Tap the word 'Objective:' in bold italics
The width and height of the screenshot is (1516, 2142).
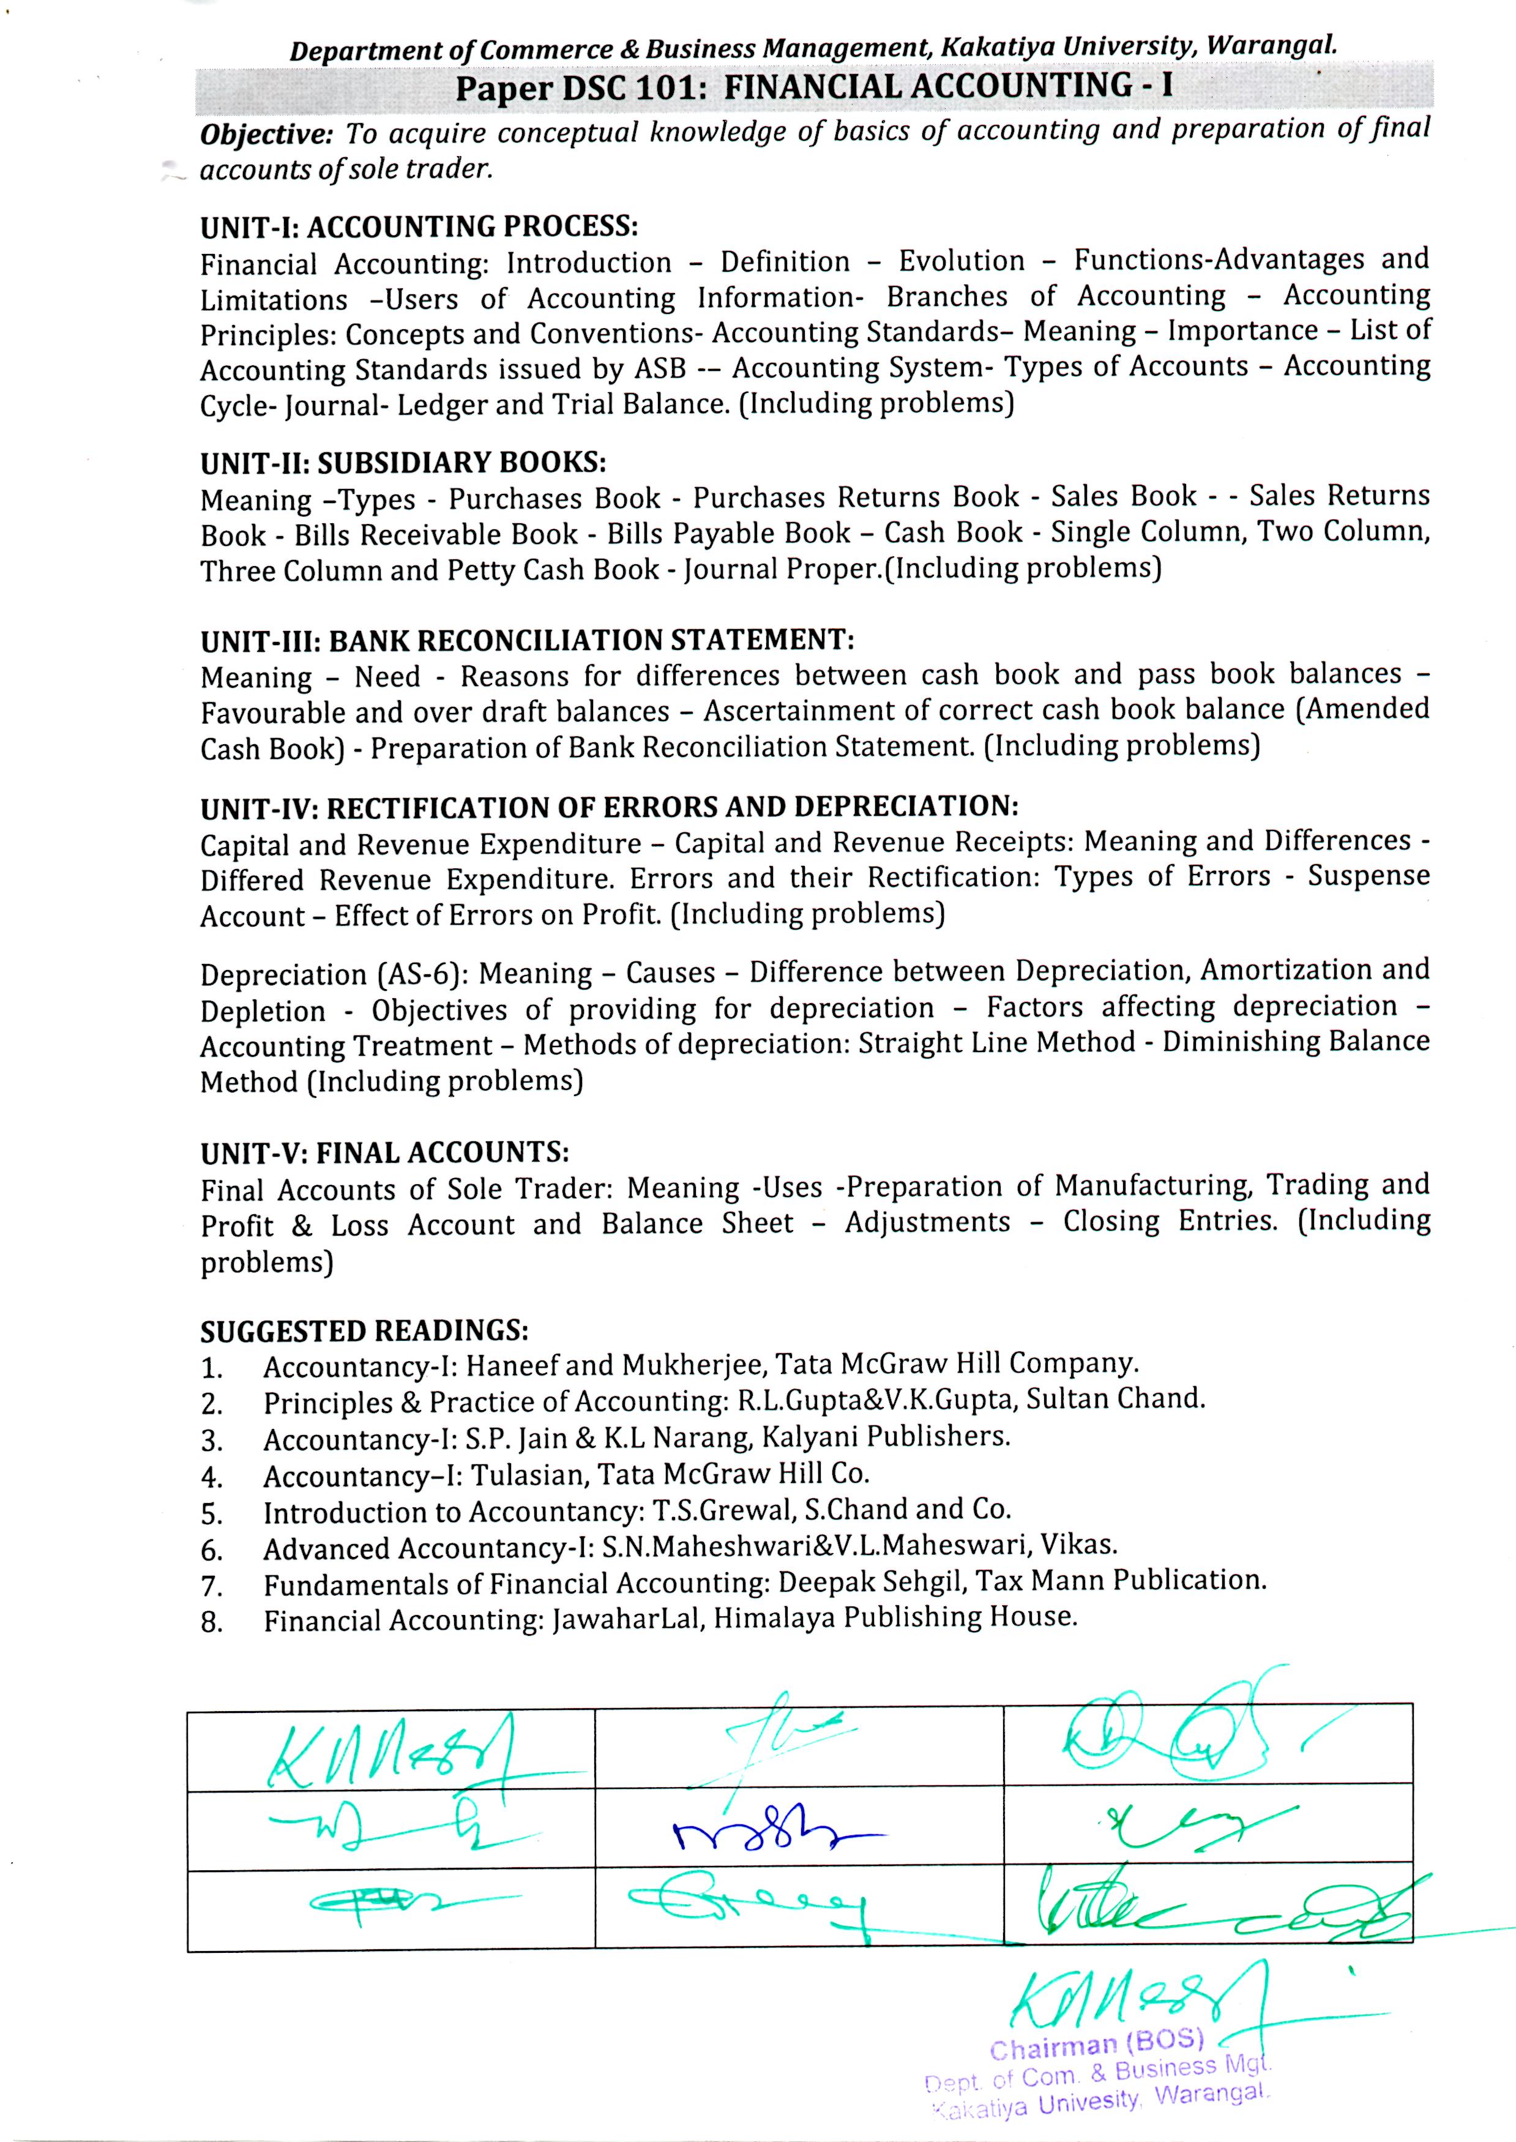(266, 135)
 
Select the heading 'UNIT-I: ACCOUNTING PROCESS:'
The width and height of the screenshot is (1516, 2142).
(419, 227)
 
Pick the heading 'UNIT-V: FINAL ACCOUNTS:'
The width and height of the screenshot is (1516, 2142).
(384, 1154)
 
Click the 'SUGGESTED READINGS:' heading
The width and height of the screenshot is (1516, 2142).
(364, 1330)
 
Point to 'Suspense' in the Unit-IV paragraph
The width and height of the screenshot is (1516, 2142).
(1367, 876)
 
